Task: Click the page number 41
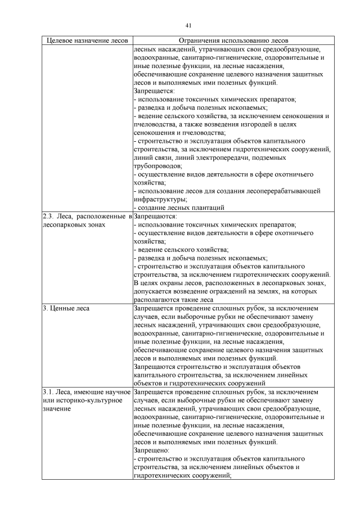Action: pyautogui.click(x=188, y=25)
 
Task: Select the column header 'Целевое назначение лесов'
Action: pyautogui.click(x=87, y=40)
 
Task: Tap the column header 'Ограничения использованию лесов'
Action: pyautogui.click(x=233, y=40)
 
